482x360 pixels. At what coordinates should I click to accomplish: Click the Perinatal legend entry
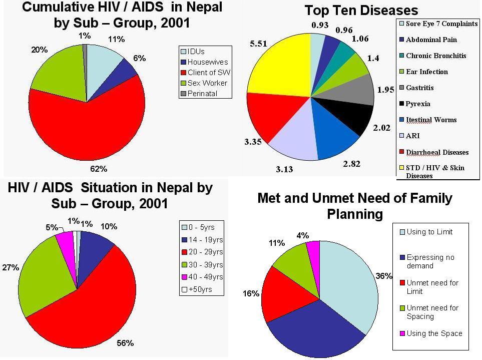pos(203,94)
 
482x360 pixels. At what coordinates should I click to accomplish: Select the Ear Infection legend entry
pos(426,72)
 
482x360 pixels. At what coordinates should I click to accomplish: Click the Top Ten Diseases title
pos(361,10)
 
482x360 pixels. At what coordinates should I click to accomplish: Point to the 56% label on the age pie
pos(125,343)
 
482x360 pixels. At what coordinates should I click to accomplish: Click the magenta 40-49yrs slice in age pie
pos(66,240)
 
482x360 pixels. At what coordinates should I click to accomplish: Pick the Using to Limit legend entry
pos(429,232)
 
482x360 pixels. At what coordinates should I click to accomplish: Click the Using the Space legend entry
pos(434,333)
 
